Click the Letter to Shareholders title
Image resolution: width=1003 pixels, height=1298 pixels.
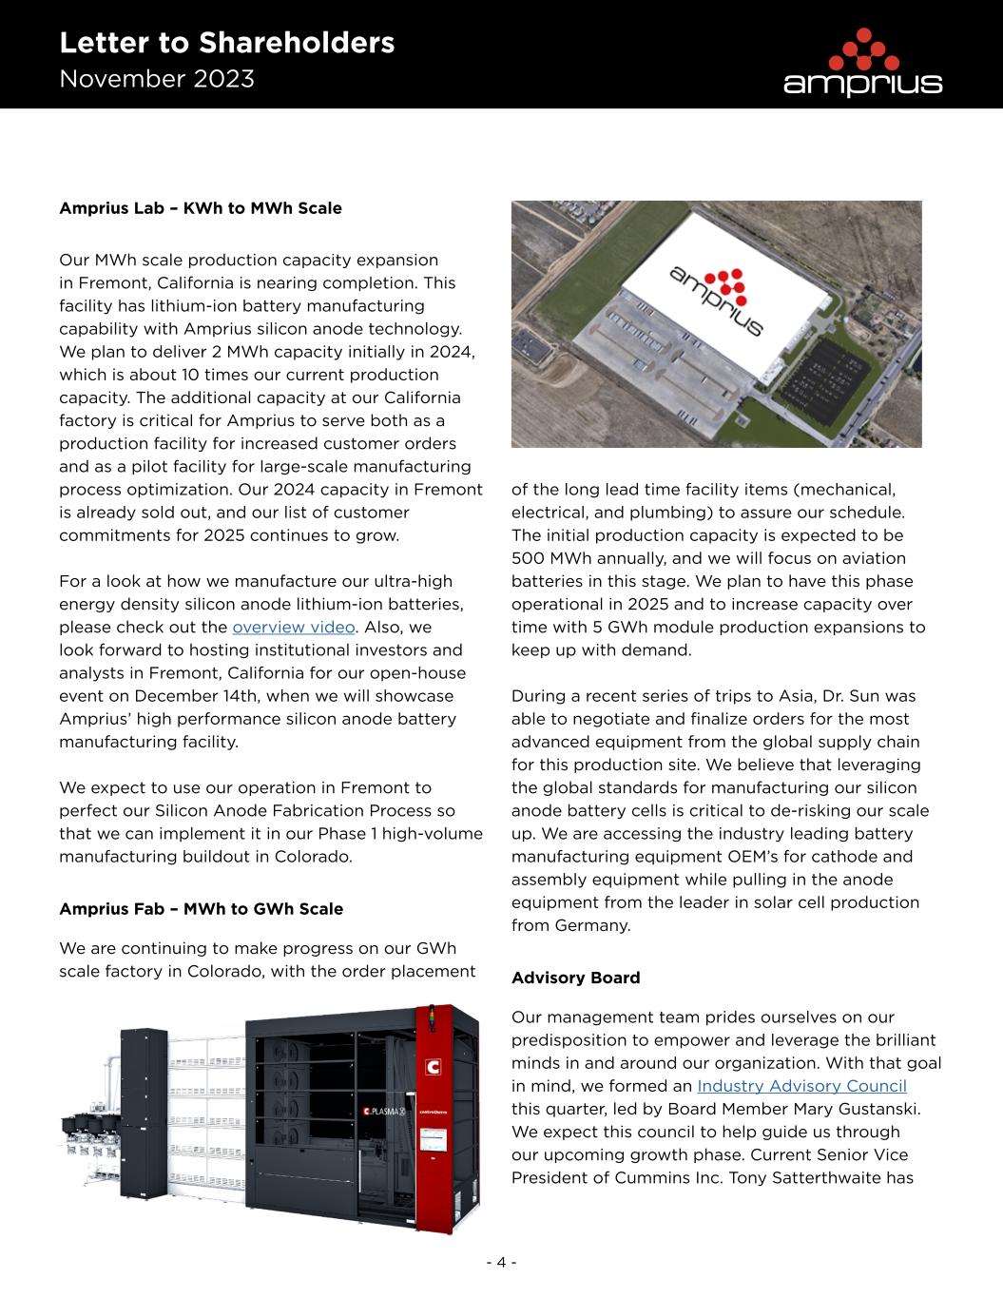coord(226,43)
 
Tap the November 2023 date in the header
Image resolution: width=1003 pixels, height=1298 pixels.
coord(157,79)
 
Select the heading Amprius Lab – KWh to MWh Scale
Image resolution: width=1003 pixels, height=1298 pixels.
coord(201,208)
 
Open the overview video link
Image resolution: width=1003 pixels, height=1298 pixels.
coord(294,628)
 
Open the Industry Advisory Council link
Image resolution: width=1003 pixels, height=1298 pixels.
coord(801,1086)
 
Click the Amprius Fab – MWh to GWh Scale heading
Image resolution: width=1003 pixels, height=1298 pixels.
coord(201,909)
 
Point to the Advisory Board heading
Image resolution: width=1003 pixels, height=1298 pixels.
coord(575,978)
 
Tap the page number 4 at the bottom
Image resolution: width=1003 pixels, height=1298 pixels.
coord(501,1263)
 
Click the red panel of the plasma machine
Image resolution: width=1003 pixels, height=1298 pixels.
coord(450,1122)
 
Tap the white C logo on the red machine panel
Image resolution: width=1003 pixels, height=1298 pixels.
coord(434,1066)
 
